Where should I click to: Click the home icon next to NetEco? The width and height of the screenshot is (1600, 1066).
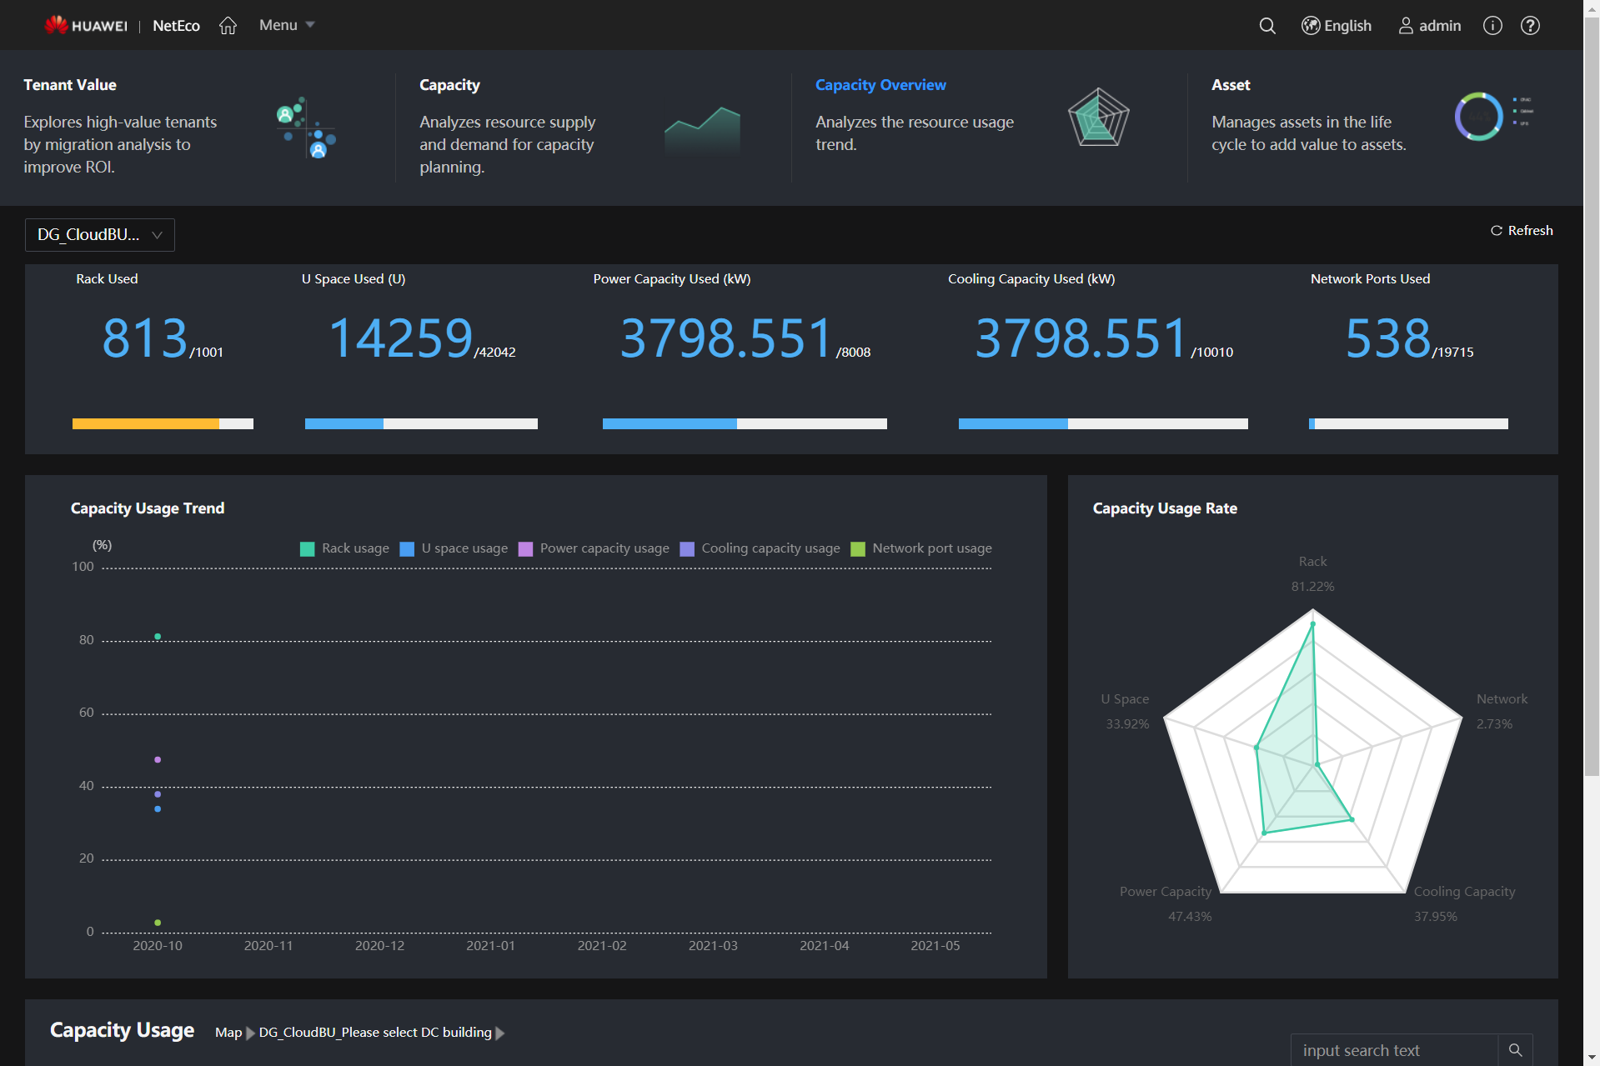pos(228,26)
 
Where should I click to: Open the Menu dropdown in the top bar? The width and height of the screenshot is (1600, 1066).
pos(286,25)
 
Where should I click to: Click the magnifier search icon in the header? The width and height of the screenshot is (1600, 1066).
pos(1266,26)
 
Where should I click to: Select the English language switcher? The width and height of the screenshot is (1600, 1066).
pos(1337,26)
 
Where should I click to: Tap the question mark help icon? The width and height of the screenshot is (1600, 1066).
pos(1530,26)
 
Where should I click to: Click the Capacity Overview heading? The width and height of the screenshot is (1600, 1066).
pos(880,85)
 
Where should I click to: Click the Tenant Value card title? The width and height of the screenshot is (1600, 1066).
pos(70,85)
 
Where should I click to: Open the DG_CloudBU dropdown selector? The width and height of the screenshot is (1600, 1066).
pos(100,235)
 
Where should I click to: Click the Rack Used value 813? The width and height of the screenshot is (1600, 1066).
pos(145,338)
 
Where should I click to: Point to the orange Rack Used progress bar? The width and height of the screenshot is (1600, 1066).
pos(146,424)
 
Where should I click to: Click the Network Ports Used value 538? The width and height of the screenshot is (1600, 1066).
pos(1387,338)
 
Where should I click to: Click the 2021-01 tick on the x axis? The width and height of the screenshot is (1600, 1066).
pos(490,946)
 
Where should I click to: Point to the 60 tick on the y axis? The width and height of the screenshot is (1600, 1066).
pos(86,713)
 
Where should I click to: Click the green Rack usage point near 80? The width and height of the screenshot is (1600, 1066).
pos(158,637)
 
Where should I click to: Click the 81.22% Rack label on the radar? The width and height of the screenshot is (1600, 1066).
pos(1312,587)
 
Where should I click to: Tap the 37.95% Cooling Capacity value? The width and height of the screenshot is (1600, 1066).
pos(1435,917)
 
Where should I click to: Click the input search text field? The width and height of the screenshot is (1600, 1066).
pos(1394,1050)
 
